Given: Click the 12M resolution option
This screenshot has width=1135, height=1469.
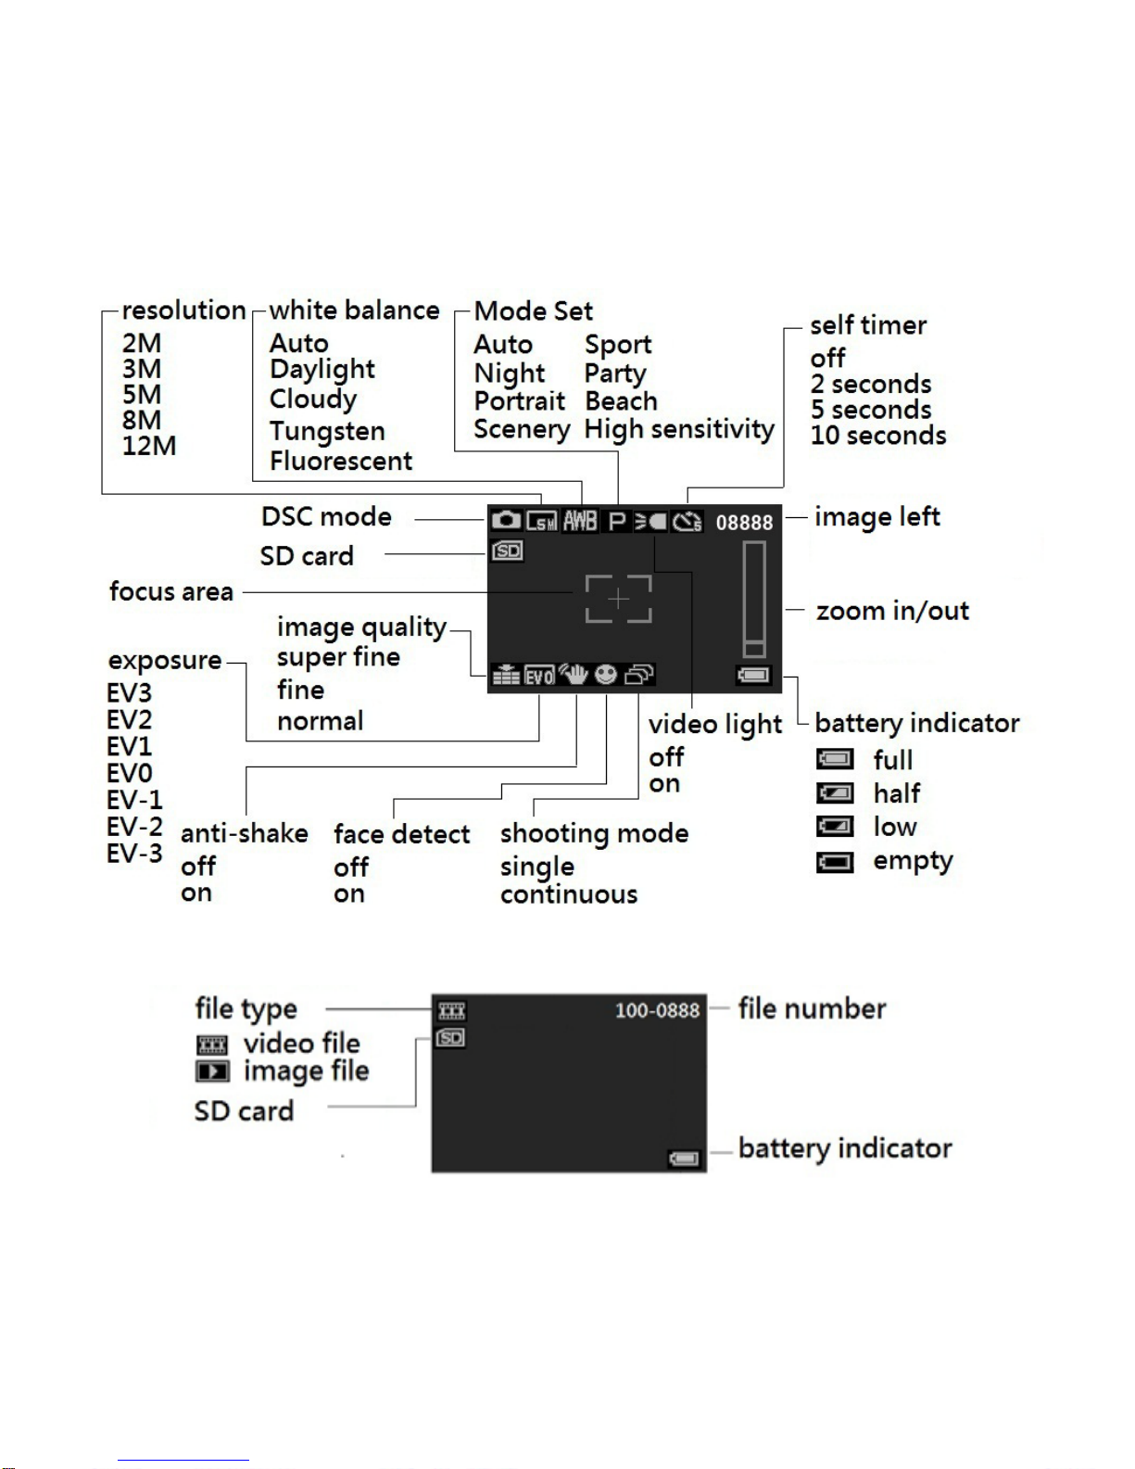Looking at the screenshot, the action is coord(149,446).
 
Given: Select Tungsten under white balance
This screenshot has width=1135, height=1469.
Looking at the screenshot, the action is coord(327,431).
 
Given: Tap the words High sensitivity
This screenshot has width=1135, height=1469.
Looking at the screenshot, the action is coord(679,429).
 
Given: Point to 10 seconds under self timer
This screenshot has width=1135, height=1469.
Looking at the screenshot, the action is coord(878,436).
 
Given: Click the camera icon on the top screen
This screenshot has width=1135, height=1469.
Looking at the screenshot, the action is coord(506,521).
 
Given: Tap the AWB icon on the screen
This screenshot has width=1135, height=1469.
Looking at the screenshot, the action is coord(580,521).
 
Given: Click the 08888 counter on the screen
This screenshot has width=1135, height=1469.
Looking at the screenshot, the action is coord(744,523).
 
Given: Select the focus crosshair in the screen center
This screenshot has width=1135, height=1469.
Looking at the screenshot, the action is coord(618,599).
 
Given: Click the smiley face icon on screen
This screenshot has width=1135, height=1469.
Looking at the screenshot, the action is coord(606,674).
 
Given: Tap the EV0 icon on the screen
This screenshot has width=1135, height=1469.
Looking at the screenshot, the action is coord(540,676).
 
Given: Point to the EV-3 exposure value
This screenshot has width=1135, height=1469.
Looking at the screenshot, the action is coord(134,854).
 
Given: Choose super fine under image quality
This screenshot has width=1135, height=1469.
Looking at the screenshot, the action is coord(338,657).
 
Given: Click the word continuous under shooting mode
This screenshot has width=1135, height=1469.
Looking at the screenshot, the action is coord(569,894).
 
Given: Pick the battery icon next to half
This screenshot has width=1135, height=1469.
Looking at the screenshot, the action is coord(835,792).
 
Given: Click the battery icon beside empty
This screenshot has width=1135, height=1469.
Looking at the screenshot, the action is coord(835,862).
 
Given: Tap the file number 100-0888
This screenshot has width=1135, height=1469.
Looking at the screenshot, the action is coord(657,1010).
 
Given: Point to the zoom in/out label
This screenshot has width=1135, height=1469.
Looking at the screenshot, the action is coord(892,611).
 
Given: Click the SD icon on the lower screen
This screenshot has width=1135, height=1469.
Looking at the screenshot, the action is coord(450,1037).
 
